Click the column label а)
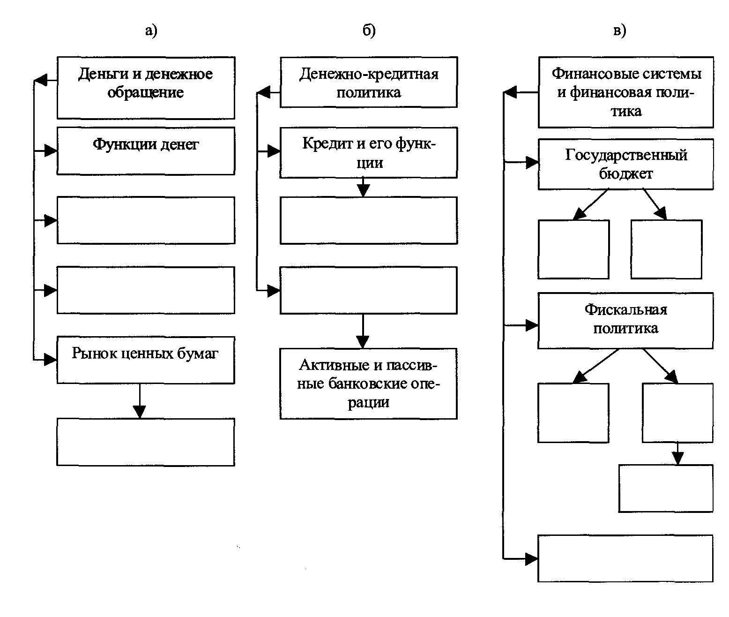(x=151, y=30)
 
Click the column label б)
(x=369, y=30)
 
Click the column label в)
(x=620, y=30)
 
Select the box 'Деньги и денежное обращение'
(x=146, y=88)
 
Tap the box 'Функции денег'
(x=146, y=150)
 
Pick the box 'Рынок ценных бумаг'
(x=146, y=360)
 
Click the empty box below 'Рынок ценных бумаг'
(x=146, y=442)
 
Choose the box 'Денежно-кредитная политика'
(x=369, y=82)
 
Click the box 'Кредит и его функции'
(x=369, y=152)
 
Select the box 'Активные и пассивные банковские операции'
(x=369, y=384)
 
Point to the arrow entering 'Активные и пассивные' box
(x=363, y=331)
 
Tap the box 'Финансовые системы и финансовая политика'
(x=625, y=92)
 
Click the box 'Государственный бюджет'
(x=625, y=164)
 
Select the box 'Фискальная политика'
(x=625, y=321)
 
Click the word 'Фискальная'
(x=625, y=310)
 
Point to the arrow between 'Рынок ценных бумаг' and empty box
(x=139, y=401)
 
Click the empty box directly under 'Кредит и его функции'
(x=369, y=220)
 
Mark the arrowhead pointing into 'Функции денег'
(x=51, y=150)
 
